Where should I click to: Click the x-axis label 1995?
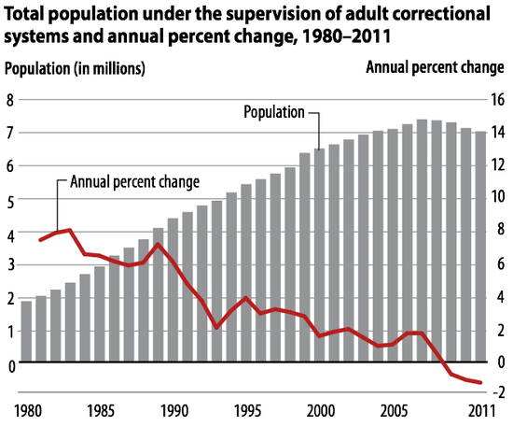[x=245, y=411]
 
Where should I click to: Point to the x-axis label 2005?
[x=393, y=411]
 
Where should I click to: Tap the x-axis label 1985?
[x=100, y=411]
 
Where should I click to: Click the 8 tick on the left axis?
[x=10, y=100]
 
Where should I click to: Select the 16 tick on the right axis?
[x=497, y=100]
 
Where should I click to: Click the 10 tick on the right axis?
[x=497, y=198]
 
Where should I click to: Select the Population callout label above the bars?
[x=274, y=112]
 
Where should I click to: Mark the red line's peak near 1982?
[x=70, y=230]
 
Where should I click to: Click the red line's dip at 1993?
[x=216, y=328]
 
